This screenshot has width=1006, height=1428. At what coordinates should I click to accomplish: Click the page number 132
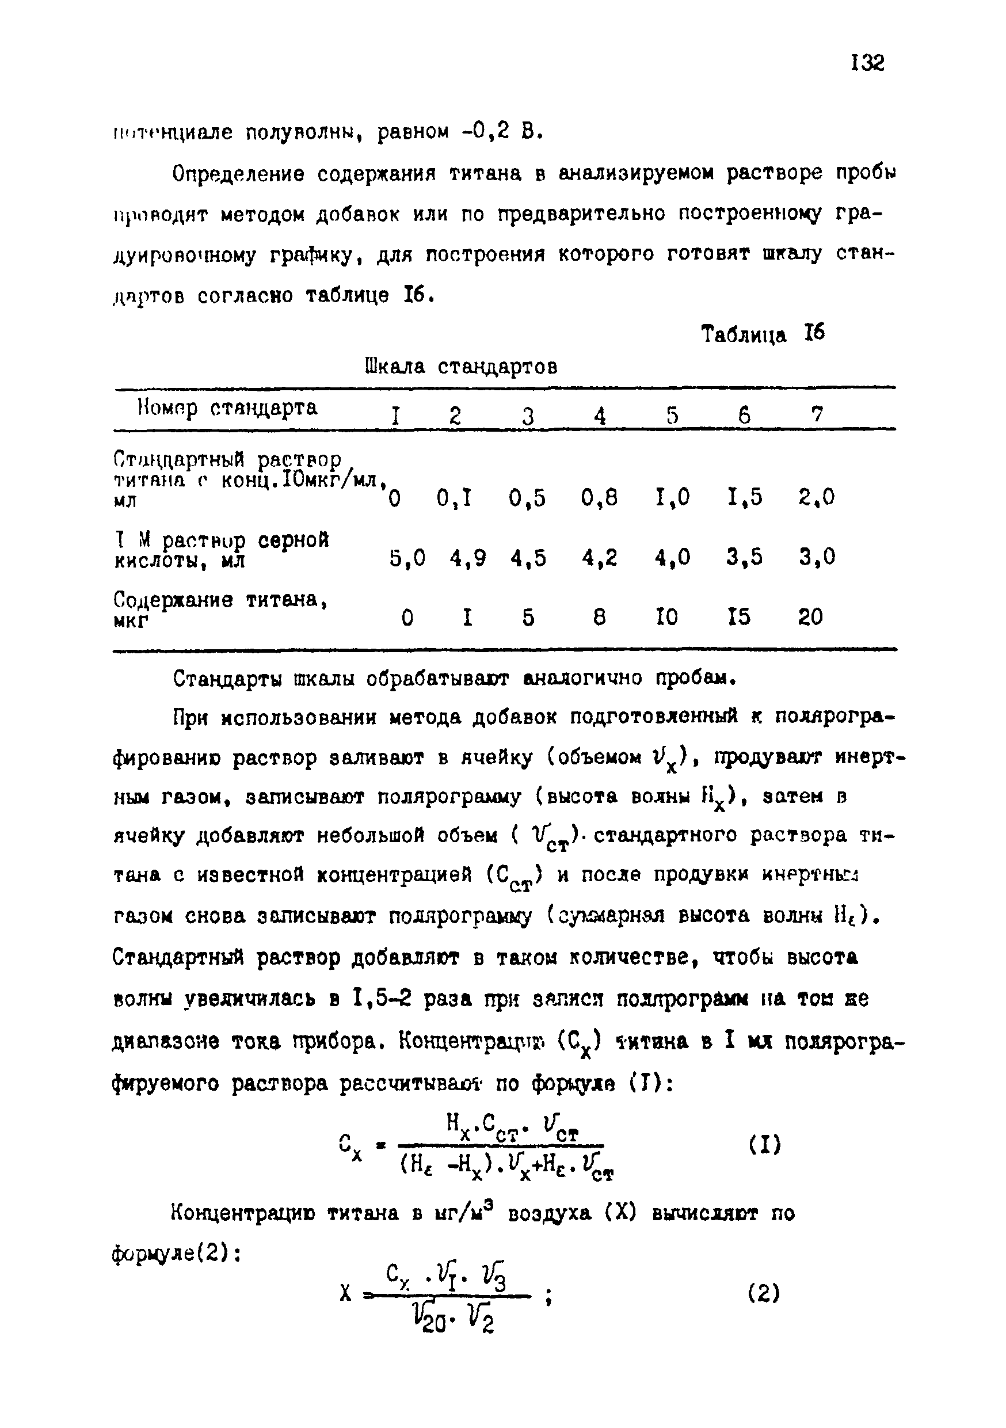click(x=867, y=63)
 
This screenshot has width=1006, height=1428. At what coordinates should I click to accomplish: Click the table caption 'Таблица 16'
click(x=763, y=334)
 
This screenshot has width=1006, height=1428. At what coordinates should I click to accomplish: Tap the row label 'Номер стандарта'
click(x=227, y=408)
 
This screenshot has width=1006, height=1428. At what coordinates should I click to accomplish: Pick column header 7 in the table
click(x=817, y=414)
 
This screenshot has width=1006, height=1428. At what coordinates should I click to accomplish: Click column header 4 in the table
click(x=599, y=416)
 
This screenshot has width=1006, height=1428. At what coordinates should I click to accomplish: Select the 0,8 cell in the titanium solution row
click(x=599, y=497)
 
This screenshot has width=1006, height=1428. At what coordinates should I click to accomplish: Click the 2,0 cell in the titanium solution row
click(x=816, y=497)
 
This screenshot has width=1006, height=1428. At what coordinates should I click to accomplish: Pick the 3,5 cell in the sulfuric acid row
click(x=744, y=557)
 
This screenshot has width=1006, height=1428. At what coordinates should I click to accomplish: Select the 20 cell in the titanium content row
click(x=810, y=617)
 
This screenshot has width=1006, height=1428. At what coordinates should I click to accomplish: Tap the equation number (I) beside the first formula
click(x=764, y=1144)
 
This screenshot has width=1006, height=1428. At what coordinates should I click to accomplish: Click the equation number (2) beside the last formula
click(x=764, y=1294)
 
